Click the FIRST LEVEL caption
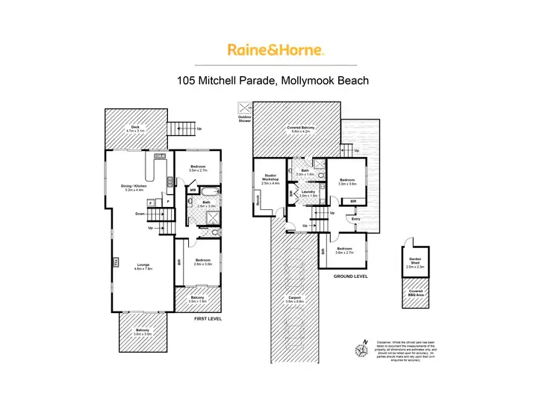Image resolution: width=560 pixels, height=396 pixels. (208, 319)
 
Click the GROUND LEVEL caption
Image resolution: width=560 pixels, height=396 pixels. (350, 276)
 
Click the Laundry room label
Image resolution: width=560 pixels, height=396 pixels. (309, 192)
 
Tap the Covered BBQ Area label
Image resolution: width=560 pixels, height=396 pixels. (414, 292)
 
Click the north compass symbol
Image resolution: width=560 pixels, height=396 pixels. (363, 347)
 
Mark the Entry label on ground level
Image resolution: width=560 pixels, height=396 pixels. (355, 219)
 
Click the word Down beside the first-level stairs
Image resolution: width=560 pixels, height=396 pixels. (140, 214)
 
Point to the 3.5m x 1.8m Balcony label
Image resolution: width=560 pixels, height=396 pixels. (198, 297)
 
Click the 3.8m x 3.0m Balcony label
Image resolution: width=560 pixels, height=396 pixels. (142, 332)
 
